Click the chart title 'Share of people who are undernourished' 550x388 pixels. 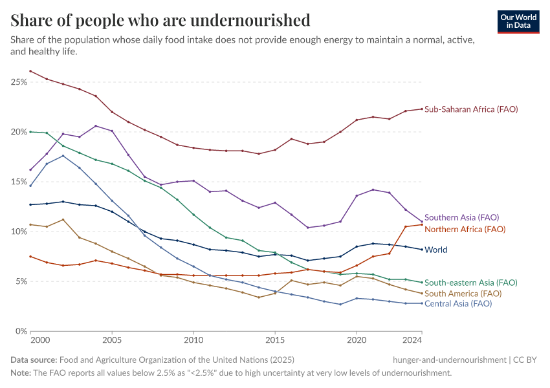pyautogui.click(x=160, y=20)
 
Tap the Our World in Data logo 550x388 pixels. pyautogui.click(x=518, y=21)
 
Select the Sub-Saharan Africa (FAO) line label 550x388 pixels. pyautogui.click(x=471, y=109)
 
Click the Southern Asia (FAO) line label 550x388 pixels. pyautogui.click(x=461, y=217)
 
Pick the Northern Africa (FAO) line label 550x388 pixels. pyautogui.click(x=465, y=229)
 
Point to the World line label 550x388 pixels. pyautogui.click(x=435, y=250)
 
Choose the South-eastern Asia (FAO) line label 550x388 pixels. pyautogui.click(x=470, y=283)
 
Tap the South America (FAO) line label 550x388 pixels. pyautogui.click(x=463, y=294)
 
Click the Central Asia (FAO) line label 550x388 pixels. pyautogui.click(x=458, y=303)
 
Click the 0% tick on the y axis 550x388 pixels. pyautogui.click(x=20, y=331)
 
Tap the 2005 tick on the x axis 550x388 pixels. pyautogui.click(x=112, y=339)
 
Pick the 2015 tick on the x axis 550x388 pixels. pyautogui.click(x=275, y=339)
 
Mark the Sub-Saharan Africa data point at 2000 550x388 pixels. pyautogui.click(x=30, y=71)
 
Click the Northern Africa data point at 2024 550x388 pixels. pyautogui.click(x=422, y=224)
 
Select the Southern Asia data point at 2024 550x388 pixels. pyautogui.click(x=422, y=222)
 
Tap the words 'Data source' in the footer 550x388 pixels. pyautogui.click(x=34, y=360)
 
